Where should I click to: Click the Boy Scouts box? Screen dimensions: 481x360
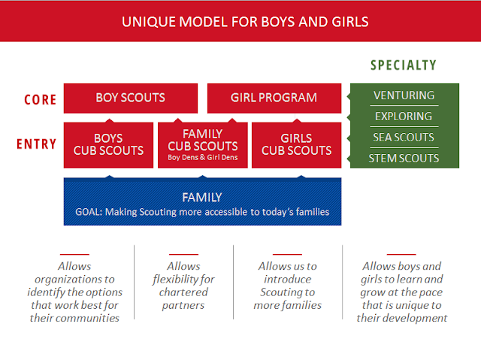131,98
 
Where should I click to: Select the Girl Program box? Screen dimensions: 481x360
274,98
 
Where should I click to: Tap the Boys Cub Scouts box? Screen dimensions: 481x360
108,145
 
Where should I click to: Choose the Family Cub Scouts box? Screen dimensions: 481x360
202,145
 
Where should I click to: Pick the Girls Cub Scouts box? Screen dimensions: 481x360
296,145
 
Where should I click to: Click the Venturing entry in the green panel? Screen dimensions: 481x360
404,95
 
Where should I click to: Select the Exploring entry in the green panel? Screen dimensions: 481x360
404,116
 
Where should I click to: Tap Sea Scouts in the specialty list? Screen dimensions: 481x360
404,138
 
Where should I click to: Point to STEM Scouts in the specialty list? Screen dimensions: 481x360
404,159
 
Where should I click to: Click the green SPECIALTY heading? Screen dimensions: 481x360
404,65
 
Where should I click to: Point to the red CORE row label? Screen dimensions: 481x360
40,100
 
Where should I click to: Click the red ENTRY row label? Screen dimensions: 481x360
37,144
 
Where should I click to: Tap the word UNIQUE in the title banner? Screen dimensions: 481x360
149,22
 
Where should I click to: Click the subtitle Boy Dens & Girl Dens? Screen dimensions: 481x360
203,158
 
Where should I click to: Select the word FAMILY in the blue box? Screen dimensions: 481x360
202,198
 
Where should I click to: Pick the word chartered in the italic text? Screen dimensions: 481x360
183,292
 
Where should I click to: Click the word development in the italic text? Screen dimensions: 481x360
416,319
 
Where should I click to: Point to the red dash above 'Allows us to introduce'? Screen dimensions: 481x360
287,254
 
